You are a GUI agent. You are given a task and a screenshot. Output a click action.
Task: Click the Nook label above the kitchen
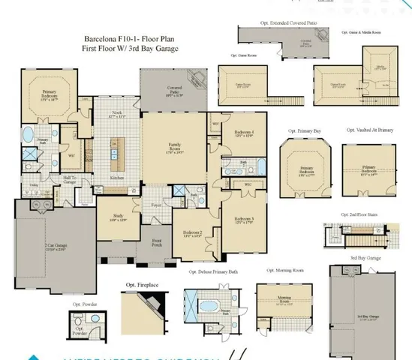(118, 116)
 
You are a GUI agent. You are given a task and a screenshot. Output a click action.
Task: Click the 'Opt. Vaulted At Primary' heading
(369, 130)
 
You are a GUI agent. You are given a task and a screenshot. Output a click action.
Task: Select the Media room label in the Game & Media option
(380, 66)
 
